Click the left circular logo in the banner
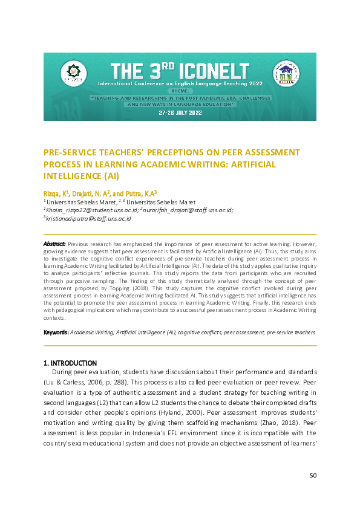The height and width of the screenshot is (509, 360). click(73, 73)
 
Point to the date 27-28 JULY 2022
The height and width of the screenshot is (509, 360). click(179, 113)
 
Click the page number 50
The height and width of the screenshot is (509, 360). click(313, 475)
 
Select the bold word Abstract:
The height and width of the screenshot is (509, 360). click(54, 243)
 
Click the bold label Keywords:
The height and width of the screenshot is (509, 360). click(56, 332)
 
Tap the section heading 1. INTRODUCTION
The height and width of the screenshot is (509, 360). click(70, 363)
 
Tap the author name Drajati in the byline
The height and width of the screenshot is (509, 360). click(85, 192)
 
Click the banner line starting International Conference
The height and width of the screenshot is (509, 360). click(179, 88)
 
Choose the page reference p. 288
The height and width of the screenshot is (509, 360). click(117, 383)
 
